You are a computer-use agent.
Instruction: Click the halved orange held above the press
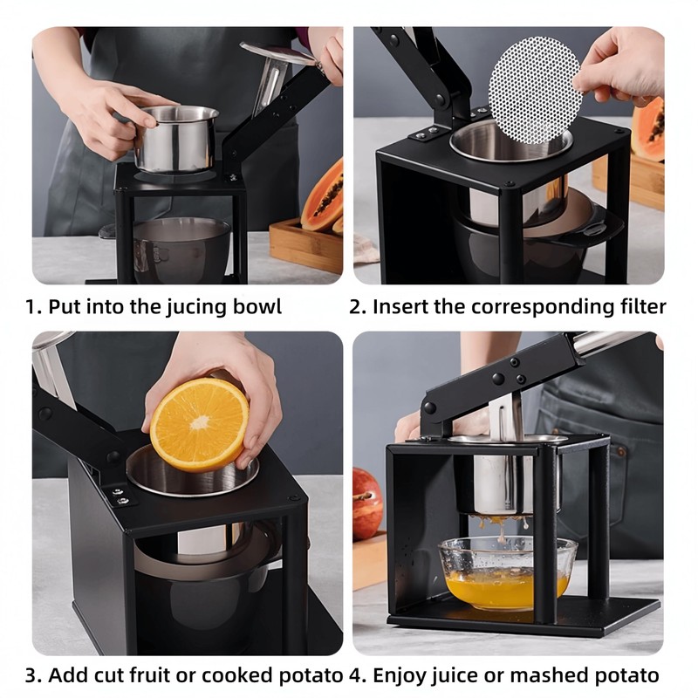[x=199, y=425]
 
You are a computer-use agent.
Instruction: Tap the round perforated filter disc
[x=535, y=90]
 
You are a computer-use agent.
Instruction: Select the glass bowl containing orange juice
[x=508, y=573]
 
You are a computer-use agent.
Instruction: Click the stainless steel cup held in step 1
[x=177, y=139]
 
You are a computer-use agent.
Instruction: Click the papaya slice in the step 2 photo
[x=647, y=129]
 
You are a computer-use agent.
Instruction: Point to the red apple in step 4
[x=367, y=504]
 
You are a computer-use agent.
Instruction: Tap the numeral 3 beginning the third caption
[x=31, y=675]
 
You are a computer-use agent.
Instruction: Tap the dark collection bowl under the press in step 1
[x=181, y=250]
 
